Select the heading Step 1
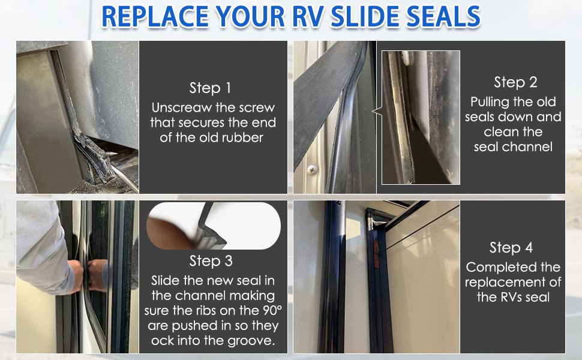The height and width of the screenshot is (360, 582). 210,88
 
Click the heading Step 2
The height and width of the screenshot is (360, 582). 515,82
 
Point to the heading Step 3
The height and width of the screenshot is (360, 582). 211,261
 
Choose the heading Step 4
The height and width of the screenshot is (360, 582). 511,248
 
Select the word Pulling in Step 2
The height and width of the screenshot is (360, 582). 491,102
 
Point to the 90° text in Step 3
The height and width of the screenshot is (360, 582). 266,311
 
